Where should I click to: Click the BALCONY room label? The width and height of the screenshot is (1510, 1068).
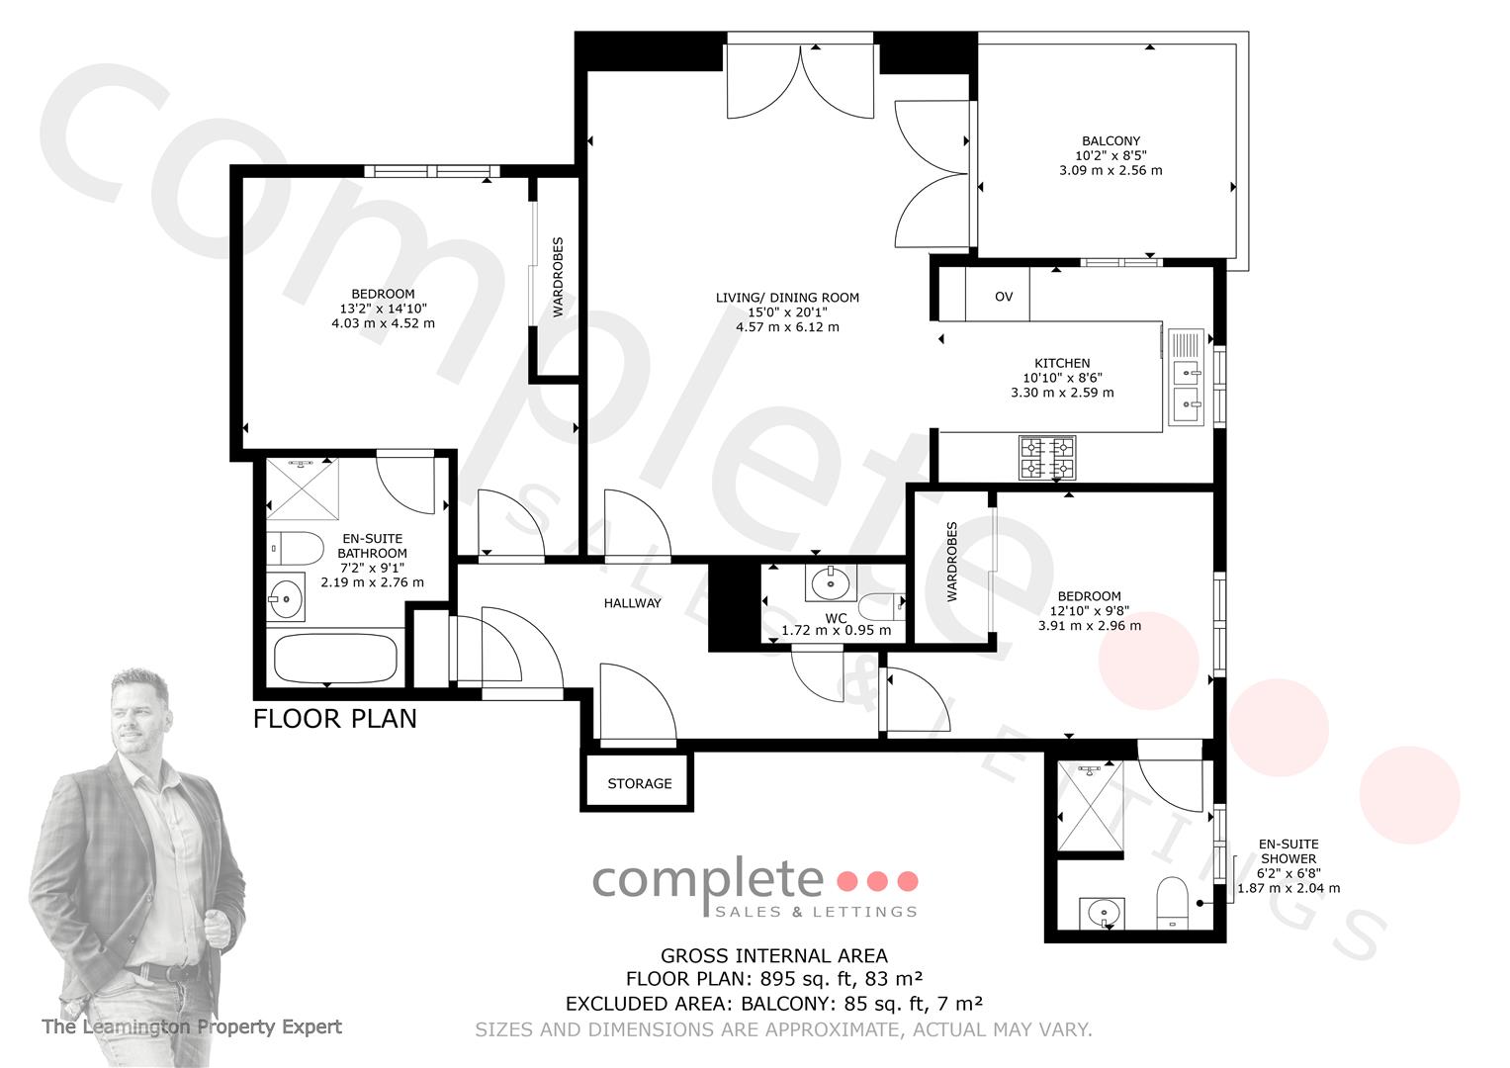click(1110, 140)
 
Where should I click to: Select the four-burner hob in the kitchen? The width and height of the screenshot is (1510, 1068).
click(1047, 458)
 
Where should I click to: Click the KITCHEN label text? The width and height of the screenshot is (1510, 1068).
click(1062, 363)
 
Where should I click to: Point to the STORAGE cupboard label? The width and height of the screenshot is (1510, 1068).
click(640, 783)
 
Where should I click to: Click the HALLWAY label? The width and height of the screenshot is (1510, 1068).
click(632, 603)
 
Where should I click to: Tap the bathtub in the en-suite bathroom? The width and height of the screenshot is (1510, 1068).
click(335, 658)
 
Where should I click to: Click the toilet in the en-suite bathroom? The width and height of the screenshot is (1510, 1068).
click(296, 549)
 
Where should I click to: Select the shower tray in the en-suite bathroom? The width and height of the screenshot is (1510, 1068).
click(303, 489)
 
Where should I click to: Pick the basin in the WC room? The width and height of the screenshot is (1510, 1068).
click(831, 583)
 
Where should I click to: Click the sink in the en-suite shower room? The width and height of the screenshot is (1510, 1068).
click(1103, 913)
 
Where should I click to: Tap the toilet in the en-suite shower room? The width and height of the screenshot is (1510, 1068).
click(1172, 903)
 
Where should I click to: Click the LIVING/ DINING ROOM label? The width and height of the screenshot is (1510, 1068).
click(787, 298)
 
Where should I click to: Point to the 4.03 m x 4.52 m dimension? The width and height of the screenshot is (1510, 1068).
click(383, 323)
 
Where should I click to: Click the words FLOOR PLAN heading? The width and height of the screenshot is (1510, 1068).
click(335, 720)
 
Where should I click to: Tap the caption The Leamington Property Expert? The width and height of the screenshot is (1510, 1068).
click(192, 1026)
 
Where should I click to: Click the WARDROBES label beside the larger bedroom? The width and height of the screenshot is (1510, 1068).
click(558, 277)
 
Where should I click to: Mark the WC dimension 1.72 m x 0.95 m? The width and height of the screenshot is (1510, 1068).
click(836, 631)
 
